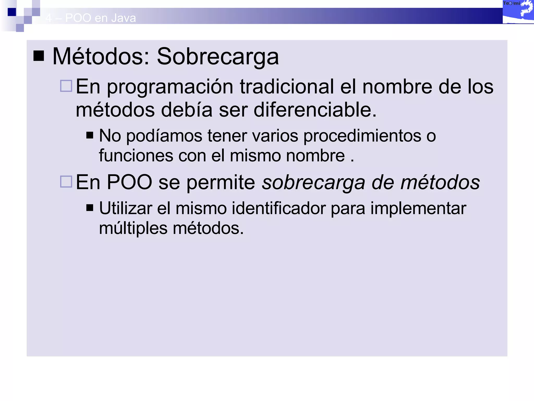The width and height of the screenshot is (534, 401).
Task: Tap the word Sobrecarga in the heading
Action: coord(218,57)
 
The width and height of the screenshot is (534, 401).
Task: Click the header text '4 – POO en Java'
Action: coord(90,18)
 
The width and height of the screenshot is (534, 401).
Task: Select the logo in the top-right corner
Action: coord(518,12)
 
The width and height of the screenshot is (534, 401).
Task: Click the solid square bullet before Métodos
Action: coord(39,56)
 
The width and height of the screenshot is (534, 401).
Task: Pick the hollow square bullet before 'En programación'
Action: coord(66,86)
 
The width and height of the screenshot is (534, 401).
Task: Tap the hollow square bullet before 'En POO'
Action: coord(66,182)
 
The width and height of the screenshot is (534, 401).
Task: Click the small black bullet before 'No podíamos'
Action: coord(90,135)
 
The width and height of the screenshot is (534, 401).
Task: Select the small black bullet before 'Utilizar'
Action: coord(90,208)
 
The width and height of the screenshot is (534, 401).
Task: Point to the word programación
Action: coord(170,87)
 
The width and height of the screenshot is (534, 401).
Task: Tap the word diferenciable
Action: coord(315,110)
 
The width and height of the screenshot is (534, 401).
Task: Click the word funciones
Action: coord(136,156)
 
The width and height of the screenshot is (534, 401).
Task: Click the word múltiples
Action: coord(133,228)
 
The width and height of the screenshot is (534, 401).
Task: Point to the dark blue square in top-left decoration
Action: coord(12,12)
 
